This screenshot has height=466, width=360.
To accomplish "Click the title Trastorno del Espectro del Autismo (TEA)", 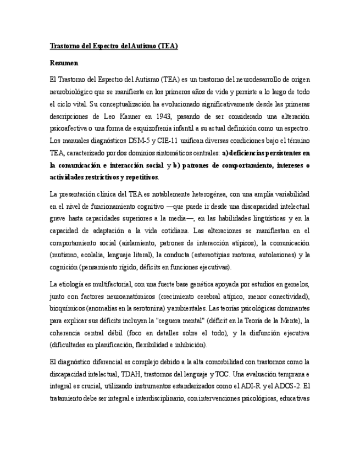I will click(114, 46).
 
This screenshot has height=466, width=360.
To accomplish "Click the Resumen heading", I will click(64, 63).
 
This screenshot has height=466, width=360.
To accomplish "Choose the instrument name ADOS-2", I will click(287, 386).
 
